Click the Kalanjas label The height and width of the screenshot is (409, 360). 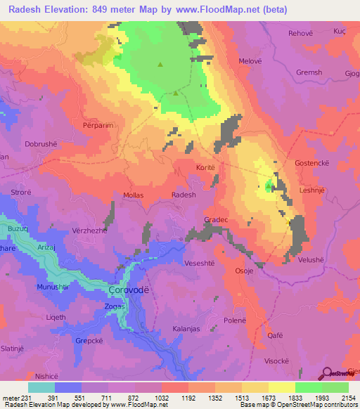tap(188, 329)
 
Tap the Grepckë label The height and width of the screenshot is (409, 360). tap(89, 342)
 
